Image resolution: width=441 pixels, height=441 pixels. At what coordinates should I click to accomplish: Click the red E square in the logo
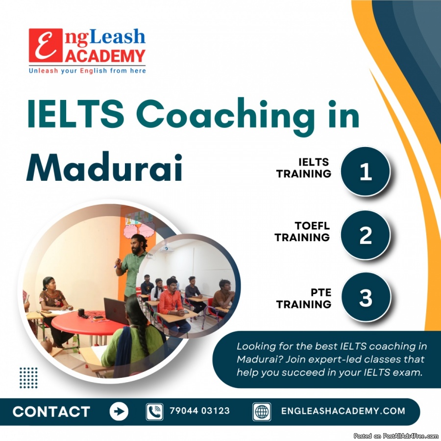46,45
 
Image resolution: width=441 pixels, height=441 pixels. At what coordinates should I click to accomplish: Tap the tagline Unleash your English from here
87,71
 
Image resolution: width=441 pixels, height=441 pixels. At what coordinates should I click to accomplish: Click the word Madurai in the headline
104,168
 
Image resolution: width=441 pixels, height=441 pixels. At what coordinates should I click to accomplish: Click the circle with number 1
366,171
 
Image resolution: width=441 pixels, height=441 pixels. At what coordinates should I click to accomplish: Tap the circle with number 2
366,235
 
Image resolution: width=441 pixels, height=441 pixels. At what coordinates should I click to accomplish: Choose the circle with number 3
366,297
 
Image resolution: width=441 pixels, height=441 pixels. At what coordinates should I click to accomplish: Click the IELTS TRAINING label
303,168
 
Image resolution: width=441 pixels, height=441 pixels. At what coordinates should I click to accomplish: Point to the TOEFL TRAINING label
302,231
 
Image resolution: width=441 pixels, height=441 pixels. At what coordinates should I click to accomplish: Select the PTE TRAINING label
304,298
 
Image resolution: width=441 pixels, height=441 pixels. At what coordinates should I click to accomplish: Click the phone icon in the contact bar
154,412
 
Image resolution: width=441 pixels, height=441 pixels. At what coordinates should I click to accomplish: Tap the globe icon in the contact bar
262,412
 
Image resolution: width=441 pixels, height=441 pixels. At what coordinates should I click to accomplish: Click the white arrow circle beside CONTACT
119,412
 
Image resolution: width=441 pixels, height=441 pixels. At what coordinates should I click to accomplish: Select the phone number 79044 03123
200,411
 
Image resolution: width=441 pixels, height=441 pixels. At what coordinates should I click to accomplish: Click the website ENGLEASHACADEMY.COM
343,411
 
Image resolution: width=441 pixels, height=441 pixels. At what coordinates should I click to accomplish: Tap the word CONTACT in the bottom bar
51,412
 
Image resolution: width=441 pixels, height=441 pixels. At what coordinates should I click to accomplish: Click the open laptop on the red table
116,311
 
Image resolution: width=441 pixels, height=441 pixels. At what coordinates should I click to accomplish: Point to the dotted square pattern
28,378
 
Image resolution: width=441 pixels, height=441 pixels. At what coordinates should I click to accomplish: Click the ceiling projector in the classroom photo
166,249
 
